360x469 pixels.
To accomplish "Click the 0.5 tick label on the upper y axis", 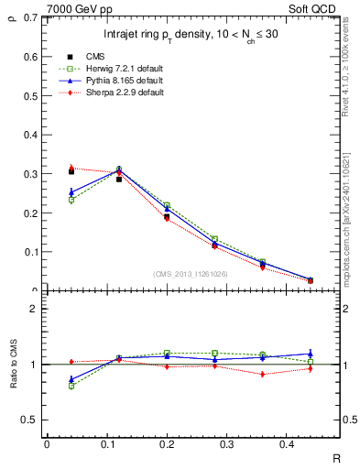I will pos(29,96).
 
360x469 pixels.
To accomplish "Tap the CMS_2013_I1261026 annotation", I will pos(191,274).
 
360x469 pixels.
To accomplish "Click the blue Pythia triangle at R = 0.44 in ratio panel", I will pos(311,353).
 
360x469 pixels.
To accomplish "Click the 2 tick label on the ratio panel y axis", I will pos(33,309).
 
